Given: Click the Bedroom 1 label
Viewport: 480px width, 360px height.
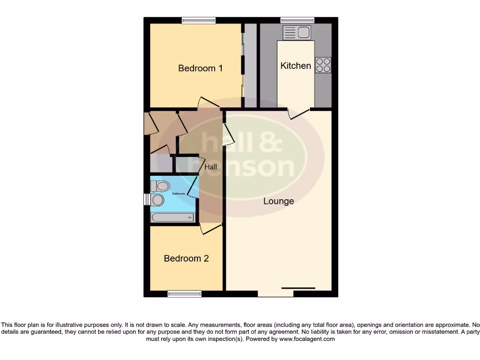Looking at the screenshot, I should (x=200, y=68).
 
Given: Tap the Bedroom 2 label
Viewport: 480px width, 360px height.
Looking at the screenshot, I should (x=186, y=258).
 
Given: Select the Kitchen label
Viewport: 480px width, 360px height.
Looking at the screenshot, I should (x=295, y=66).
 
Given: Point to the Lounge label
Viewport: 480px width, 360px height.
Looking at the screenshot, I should (x=278, y=201).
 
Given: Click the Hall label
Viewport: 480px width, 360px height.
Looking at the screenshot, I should (x=210, y=167).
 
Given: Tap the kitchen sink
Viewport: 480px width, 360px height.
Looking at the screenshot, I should (x=297, y=32).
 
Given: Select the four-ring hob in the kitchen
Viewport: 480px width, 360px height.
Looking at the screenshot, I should (x=323, y=65).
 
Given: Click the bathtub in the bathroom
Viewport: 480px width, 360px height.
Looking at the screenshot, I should (x=172, y=217).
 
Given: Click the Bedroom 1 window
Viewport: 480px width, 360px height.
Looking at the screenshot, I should (x=199, y=20).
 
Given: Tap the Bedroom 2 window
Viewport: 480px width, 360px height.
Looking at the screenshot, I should (x=184, y=294).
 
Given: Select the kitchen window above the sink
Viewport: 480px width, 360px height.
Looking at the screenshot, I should (x=297, y=20).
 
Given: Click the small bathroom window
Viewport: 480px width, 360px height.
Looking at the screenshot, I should (x=146, y=199).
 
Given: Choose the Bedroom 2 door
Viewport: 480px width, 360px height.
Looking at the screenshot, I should (x=210, y=229).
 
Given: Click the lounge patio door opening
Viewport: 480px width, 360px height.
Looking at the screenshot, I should (x=276, y=294).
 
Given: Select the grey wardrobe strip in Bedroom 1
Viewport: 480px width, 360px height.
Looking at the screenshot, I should (x=251, y=66).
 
